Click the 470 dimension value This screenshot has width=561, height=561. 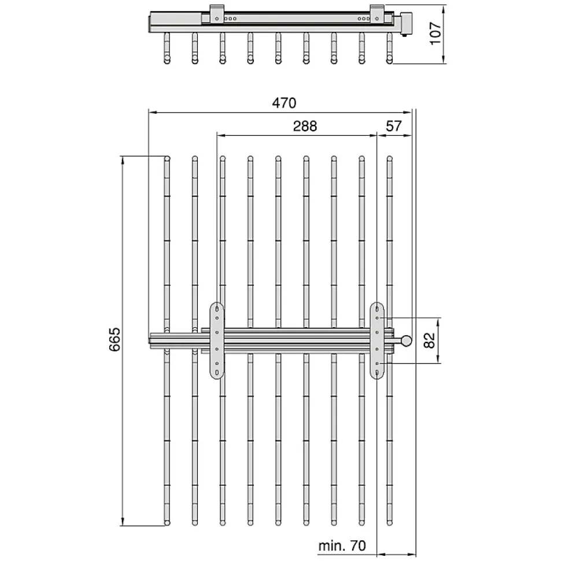click(284, 103)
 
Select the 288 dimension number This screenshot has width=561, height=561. click(305, 127)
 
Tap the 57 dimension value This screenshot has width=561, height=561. click(394, 127)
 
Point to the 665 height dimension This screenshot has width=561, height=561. click(115, 339)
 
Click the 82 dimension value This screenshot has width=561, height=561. click(429, 340)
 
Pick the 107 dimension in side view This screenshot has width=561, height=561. click(435, 34)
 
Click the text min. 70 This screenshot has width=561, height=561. click(342, 546)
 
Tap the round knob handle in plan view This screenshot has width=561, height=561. click(406, 341)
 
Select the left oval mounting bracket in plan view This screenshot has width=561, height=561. click(217, 340)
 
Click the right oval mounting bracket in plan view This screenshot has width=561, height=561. click(377, 340)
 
